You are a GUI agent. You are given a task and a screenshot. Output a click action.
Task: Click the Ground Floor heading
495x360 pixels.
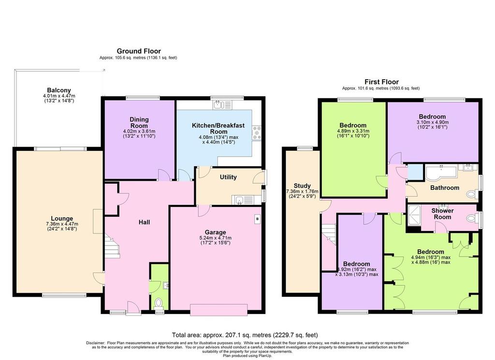click(139, 51)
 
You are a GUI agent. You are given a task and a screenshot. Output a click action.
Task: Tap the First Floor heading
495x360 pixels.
click(381, 82)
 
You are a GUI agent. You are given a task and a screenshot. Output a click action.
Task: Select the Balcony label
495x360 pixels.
click(59, 90)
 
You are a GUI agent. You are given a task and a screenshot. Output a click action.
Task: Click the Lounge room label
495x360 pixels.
click(62, 218)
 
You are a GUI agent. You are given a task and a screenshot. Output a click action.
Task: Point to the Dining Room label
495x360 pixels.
click(139, 122)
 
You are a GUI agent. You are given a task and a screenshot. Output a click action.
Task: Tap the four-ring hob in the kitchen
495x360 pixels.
click(257, 133)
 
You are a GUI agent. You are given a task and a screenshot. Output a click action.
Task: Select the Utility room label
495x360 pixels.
click(228, 177)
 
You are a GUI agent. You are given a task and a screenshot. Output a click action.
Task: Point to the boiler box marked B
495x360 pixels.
click(257, 219)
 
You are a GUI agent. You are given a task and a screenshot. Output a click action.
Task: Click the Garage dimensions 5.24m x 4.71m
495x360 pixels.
click(215, 238)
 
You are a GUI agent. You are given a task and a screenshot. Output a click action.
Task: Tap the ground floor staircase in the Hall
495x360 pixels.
click(112, 246)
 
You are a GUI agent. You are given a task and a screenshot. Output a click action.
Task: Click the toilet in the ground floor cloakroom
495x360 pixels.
click(159, 303)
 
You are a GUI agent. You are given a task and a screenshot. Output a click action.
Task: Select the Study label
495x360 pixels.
click(302, 186)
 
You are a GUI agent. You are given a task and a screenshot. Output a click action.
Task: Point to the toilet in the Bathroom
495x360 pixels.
click(472, 194)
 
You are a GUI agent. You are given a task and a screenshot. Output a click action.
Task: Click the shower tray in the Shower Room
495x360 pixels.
click(414, 216)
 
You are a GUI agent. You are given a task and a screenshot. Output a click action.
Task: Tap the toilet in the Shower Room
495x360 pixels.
click(472, 218)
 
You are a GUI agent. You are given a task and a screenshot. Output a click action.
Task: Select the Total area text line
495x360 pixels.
click(245, 335)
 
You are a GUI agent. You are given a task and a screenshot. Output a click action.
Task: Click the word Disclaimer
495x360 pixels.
click(95, 343)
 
